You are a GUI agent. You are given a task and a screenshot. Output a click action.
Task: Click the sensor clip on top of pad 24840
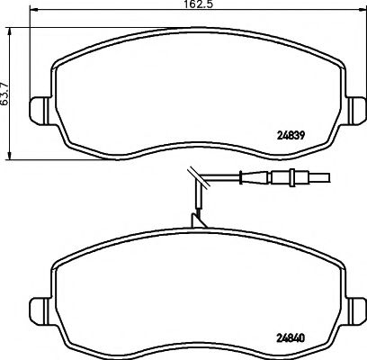[197, 219]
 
